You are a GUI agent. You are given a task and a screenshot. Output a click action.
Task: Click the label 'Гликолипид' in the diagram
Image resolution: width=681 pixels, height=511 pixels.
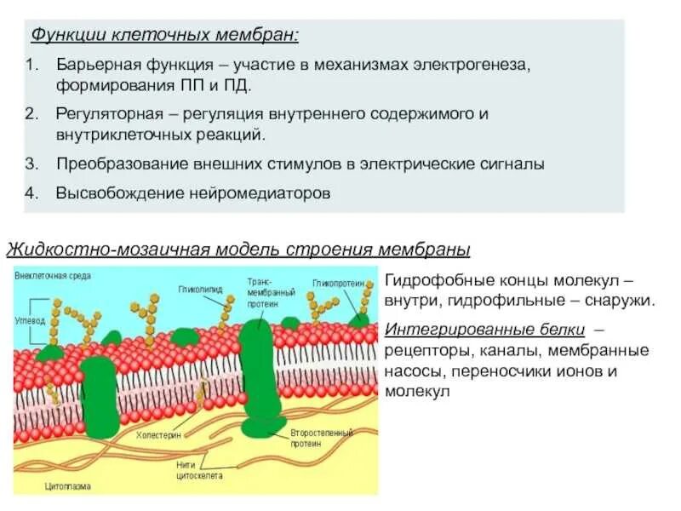point(200,290)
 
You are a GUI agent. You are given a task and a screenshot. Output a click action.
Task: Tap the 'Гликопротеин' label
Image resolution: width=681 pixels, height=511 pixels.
point(338,283)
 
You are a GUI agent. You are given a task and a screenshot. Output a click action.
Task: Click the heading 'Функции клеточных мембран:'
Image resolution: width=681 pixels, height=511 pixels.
point(165,37)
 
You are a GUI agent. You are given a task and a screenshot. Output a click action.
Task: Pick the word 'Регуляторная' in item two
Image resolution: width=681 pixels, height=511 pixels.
point(104,113)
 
